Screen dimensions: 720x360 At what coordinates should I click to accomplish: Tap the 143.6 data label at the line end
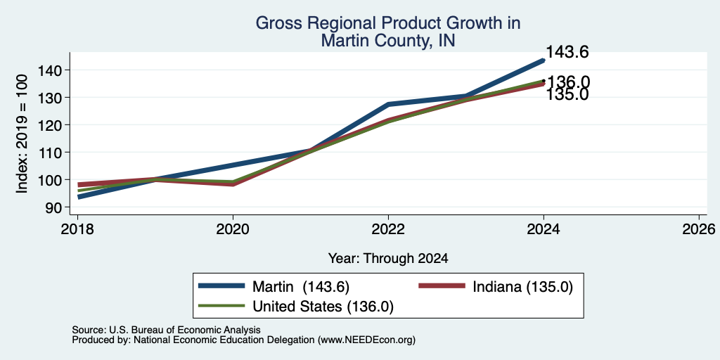tap(567, 52)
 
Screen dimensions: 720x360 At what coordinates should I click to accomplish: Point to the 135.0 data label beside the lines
tap(567, 95)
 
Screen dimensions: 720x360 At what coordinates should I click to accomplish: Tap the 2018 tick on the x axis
tap(77, 229)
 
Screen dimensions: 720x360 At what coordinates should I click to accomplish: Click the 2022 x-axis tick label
tap(388, 229)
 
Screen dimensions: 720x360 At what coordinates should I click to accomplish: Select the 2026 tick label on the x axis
tap(700, 229)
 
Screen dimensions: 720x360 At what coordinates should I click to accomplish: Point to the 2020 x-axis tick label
tap(233, 229)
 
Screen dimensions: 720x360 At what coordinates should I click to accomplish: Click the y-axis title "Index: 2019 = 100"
tap(22, 134)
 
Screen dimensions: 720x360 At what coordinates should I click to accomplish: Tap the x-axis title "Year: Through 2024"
tap(388, 259)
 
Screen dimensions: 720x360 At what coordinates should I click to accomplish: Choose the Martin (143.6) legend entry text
tap(301, 287)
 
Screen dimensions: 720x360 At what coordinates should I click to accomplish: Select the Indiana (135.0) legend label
tap(523, 287)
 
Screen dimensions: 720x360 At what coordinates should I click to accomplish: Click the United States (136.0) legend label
tap(323, 307)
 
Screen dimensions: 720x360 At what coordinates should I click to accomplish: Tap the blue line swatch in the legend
tap(221, 286)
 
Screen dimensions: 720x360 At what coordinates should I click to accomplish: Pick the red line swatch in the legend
tap(442, 286)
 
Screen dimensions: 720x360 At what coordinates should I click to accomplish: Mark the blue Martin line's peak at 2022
tap(388, 105)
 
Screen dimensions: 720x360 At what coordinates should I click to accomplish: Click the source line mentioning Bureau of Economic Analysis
tap(166, 330)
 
